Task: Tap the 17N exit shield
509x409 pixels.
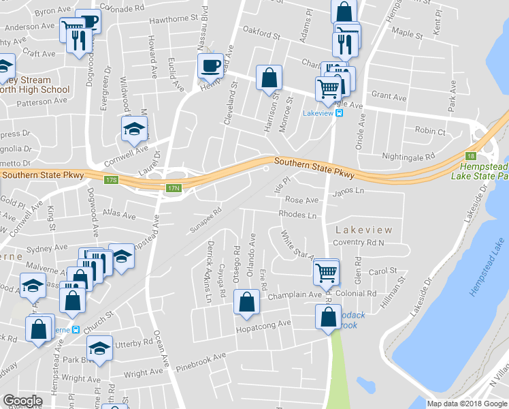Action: pyautogui.click(x=174, y=188)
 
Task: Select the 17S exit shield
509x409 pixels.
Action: pyautogui.click(x=112, y=180)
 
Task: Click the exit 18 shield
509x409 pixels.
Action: pyautogui.click(x=470, y=156)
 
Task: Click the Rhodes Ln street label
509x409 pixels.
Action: pyautogui.click(x=297, y=215)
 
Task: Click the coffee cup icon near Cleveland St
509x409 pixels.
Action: pyautogui.click(x=210, y=66)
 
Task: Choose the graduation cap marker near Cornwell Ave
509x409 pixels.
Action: pyautogui.click(x=134, y=127)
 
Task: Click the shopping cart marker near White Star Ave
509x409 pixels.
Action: pyautogui.click(x=326, y=271)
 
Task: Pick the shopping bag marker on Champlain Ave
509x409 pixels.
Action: pyautogui.click(x=246, y=302)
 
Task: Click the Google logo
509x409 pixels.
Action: pyautogui.click(x=22, y=402)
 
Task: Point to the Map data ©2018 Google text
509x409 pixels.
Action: pyautogui.click(x=467, y=404)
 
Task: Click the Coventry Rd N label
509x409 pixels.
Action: pyautogui.click(x=359, y=243)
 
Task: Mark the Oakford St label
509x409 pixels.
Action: pyautogui.click(x=261, y=32)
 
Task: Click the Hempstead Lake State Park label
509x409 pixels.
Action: pyautogui.click(x=480, y=171)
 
